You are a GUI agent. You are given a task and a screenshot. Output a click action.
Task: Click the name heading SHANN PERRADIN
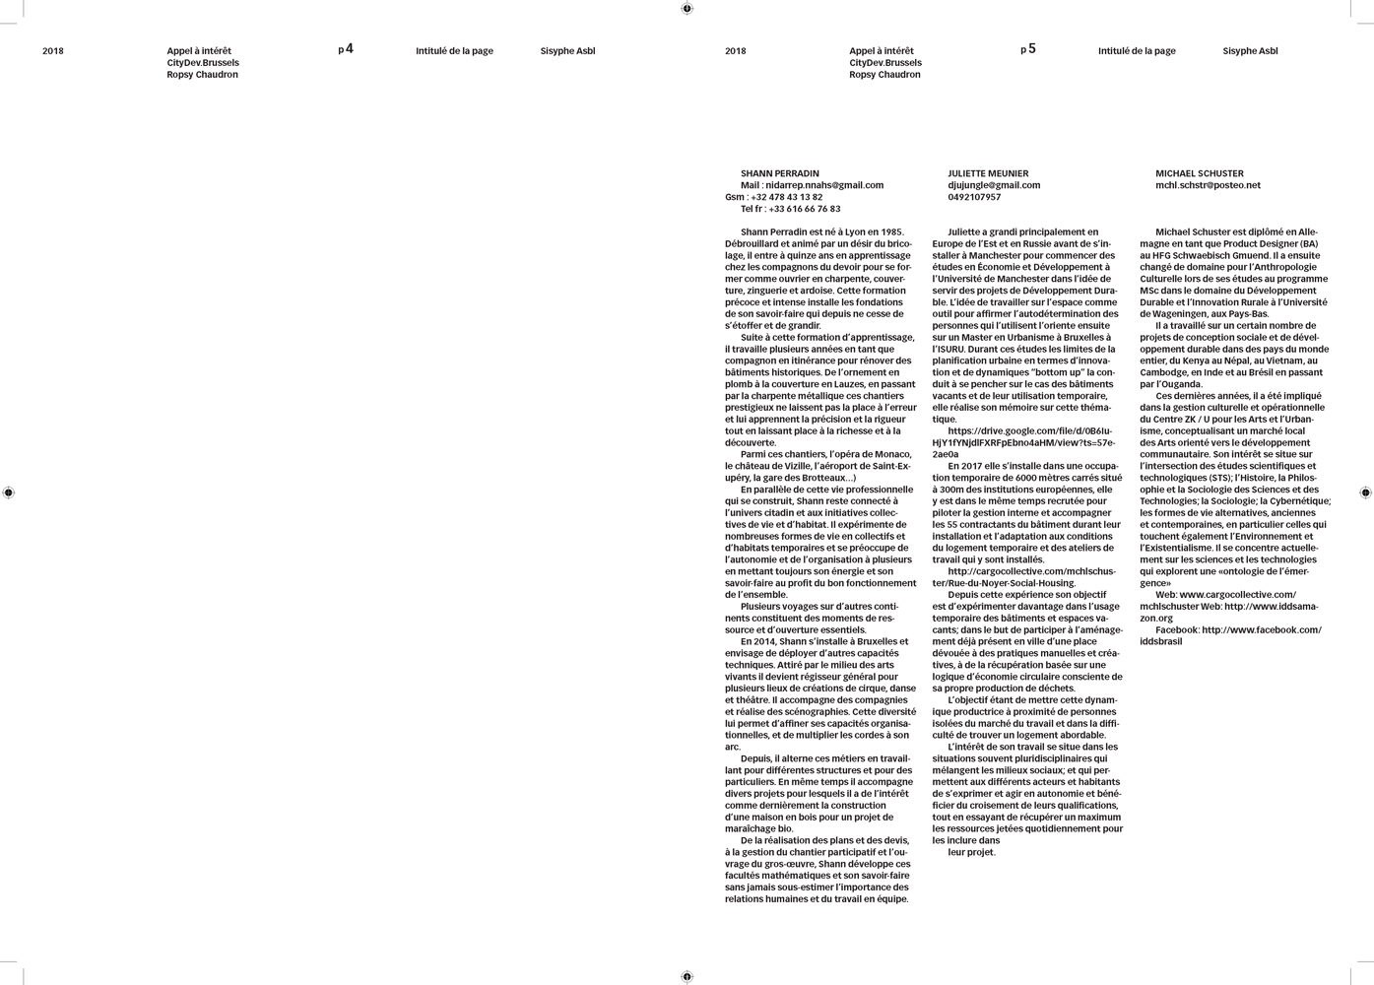click(x=779, y=173)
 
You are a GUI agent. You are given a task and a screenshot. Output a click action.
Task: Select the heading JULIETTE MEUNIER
click(x=988, y=173)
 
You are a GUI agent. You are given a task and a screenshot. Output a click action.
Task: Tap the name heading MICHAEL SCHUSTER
click(x=1199, y=173)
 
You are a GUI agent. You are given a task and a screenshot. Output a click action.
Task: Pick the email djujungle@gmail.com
click(x=994, y=185)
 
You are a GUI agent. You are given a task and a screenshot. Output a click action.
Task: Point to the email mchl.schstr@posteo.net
click(x=1208, y=185)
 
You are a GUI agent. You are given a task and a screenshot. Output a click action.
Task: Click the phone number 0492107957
click(x=974, y=197)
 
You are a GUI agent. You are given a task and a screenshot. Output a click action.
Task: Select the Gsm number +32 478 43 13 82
click(x=786, y=197)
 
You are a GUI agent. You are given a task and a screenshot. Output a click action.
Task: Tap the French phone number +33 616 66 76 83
click(x=804, y=209)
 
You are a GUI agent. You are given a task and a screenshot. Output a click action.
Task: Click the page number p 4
click(x=346, y=49)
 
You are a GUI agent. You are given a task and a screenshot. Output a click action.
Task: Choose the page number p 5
click(x=1028, y=49)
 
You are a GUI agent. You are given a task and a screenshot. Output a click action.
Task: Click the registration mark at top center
click(x=687, y=9)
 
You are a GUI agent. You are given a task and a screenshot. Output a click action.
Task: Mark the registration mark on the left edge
click(x=9, y=492)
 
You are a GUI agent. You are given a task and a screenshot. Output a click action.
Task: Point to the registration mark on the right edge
click(x=1365, y=492)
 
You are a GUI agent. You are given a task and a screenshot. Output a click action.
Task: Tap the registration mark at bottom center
click(x=687, y=977)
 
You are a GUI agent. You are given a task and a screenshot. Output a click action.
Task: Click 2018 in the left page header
click(x=53, y=51)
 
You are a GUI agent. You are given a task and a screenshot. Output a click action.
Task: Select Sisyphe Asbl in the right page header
click(x=1250, y=51)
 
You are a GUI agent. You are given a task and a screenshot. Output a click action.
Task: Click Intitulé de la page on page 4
click(x=454, y=51)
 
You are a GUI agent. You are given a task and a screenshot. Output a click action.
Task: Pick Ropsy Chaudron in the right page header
click(x=884, y=75)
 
